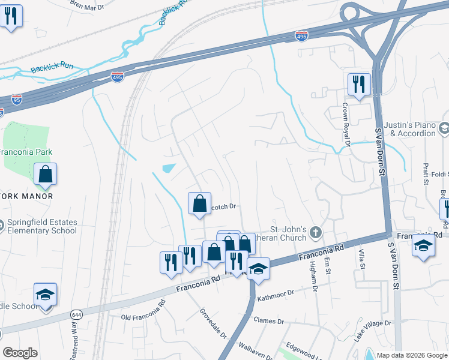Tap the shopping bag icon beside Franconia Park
pos(46,175)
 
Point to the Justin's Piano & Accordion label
pos(411,128)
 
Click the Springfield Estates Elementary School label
pos(42,226)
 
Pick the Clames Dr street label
pos(268,321)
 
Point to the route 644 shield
pos(76,314)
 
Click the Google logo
pos(20,352)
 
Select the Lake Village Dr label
pos(372,331)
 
